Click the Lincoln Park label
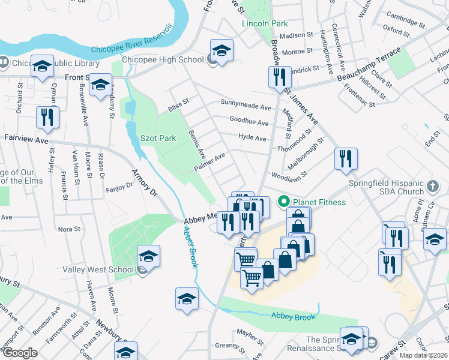click(x=265, y=24)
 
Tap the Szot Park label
click(x=158, y=138)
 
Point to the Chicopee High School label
click(x=163, y=59)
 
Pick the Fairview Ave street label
click(x=26, y=139)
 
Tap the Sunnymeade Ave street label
click(x=246, y=106)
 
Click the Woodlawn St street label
click(x=289, y=174)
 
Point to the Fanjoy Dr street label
click(x=119, y=187)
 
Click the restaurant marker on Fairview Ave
click(x=47, y=118)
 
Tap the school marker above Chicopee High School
click(x=221, y=51)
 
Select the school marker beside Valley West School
click(x=148, y=257)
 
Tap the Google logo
click(x=20, y=353)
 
